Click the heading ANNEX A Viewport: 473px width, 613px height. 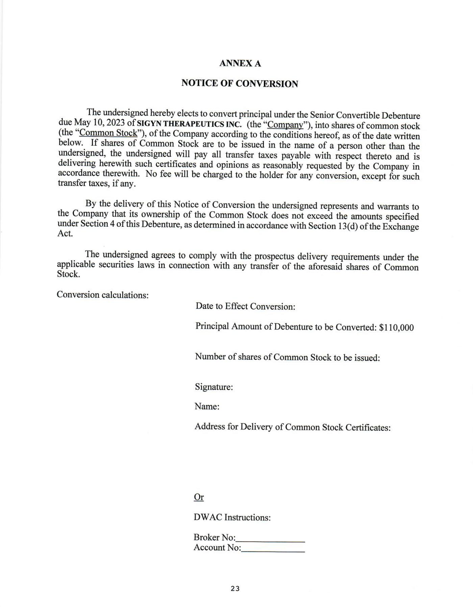pos(240,64)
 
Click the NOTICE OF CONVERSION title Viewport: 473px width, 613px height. pos(240,83)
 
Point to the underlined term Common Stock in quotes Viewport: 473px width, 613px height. pos(108,133)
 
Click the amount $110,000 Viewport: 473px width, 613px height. pos(396,327)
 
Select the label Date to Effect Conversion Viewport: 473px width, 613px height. pos(245,306)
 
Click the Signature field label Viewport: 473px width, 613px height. pos(214,387)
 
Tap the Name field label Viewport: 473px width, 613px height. pos(207,407)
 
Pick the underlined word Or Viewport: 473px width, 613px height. pos(199,497)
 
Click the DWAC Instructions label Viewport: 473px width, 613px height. pos(232,517)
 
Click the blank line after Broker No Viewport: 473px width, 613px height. pos(271,538)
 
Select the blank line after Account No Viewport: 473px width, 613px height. pos(273,548)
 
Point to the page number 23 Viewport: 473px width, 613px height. pos(235,589)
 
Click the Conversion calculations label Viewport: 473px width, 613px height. pos(103,295)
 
